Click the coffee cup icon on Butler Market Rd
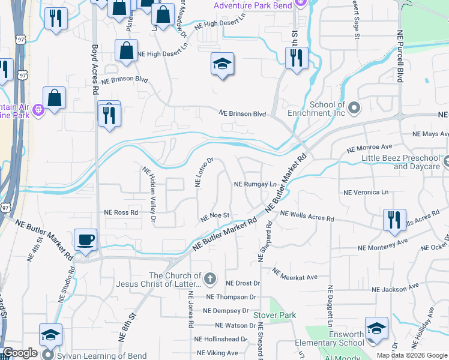[85, 239]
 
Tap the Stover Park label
[275, 314]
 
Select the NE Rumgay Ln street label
[255, 184]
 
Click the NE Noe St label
[215, 215]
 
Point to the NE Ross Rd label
[121, 212]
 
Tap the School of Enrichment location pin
[354, 108]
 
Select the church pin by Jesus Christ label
[209, 278]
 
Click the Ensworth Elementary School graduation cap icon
[376, 328]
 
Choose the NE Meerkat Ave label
[294, 274]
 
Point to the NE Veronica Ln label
[366, 192]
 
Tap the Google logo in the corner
[20, 353]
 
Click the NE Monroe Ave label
[370, 146]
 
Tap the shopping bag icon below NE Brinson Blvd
[55, 99]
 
